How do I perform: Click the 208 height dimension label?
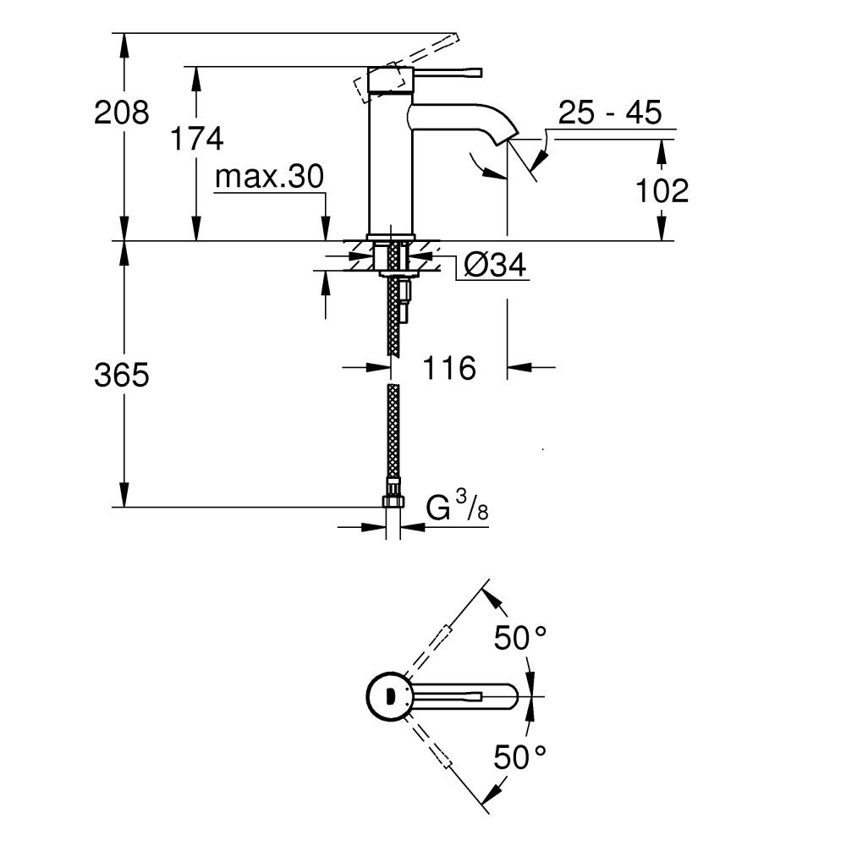(x=121, y=113)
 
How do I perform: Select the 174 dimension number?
(x=196, y=139)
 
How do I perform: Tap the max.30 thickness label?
(x=269, y=177)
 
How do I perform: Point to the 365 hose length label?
(x=121, y=375)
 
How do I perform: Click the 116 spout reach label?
(x=449, y=368)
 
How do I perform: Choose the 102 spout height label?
(x=662, y=190)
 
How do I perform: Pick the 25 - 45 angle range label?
(x=610, y=113)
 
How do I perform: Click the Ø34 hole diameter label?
(x=495, y=266)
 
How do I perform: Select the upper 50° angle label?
(x=520, y=638)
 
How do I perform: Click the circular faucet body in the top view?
(x=390, y=696)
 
